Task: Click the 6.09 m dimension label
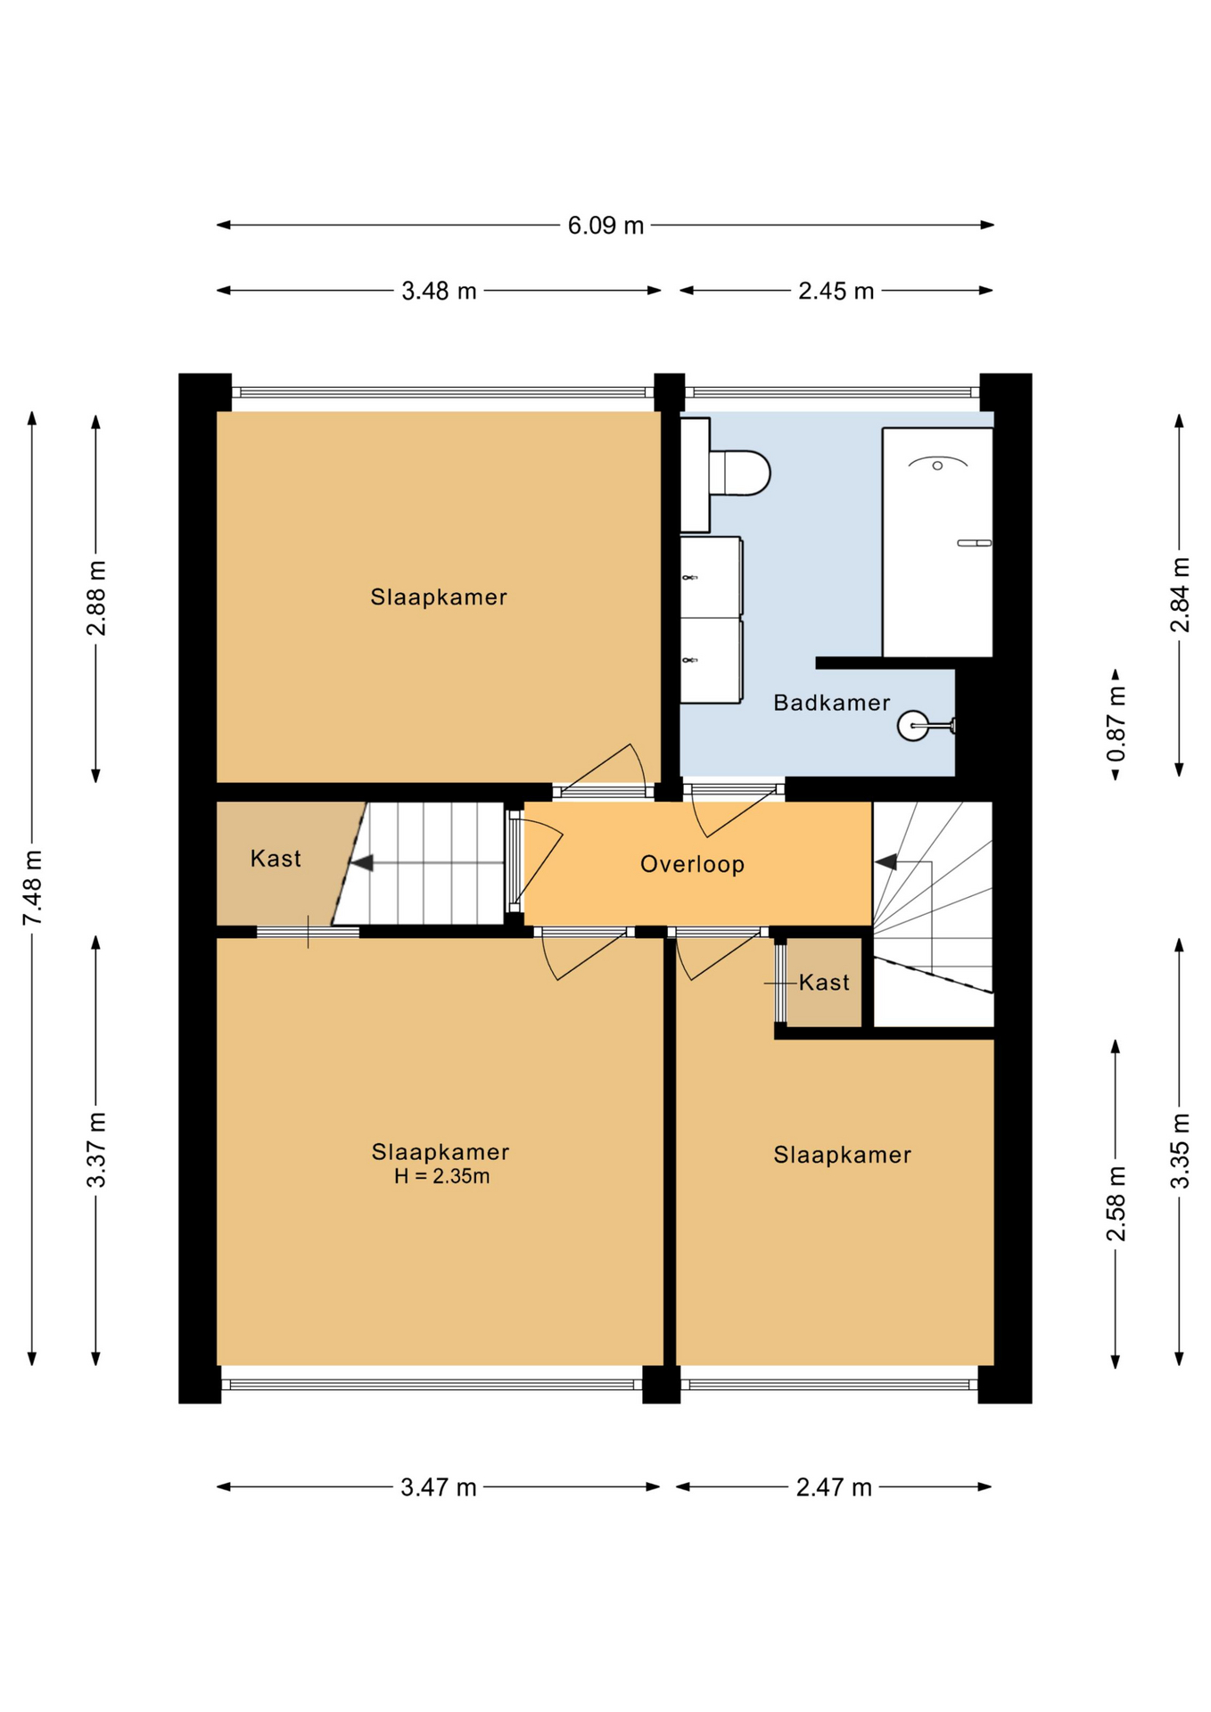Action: tap(605, 226)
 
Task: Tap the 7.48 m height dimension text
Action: tap(33, 887)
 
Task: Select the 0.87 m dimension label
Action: tap(1116, 724)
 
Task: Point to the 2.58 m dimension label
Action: tap(1116, 1203)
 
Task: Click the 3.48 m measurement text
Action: tap(439, 292)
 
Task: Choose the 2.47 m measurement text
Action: tap(834, 1487)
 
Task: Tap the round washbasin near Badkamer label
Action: tap(913, 726)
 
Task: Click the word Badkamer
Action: tap(831, 703)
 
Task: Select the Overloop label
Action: tap(692, 864)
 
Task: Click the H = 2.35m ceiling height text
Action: tap(441, 1176)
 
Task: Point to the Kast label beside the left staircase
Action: tap(276, 859)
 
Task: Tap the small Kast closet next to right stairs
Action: tap(824, 983)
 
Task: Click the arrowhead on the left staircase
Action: tap(361, 863)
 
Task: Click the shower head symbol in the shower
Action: tap(937, 464)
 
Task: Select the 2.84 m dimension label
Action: tap(1180, 595)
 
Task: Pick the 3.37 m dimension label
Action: tap(96, 1150)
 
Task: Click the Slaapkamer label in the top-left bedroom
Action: tap(439, 597)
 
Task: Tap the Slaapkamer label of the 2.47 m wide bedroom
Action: tap(842, 1156)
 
